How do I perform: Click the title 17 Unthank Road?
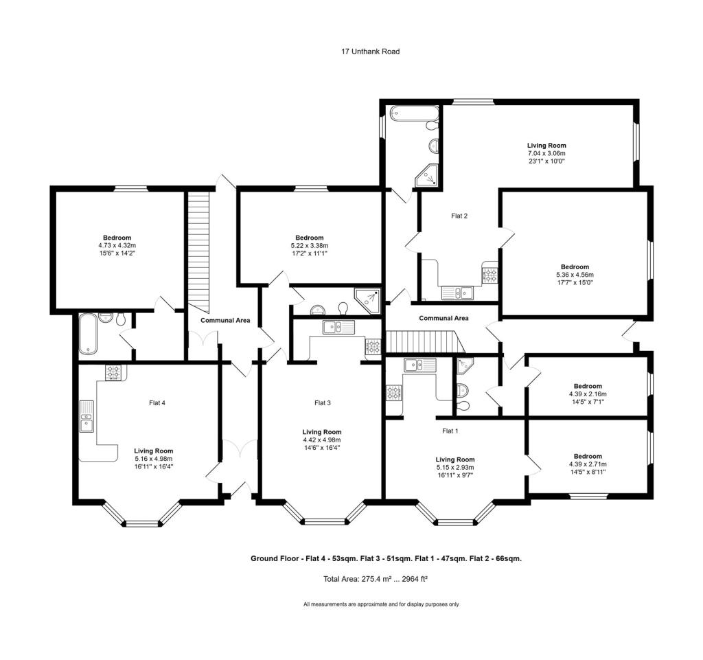click(x=370, y=52)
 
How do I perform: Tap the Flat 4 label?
click(x=157, y=403)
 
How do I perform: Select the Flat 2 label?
click(x=459, y=216)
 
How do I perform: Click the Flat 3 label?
click(x=323, y=403)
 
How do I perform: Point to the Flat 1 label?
click(x=450, y=431)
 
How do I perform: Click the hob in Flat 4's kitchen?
click(x=113, y=372)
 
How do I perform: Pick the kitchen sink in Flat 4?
click(x=87, y=416)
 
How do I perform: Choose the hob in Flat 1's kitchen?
click(x=395, y=393)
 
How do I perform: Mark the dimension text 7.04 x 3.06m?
click(x=546, y=153)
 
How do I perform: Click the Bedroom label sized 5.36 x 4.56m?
click(x=574, y=267)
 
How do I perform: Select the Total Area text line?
click(x=375, y=579)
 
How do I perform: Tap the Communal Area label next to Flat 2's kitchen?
click(x=443, y=318)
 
